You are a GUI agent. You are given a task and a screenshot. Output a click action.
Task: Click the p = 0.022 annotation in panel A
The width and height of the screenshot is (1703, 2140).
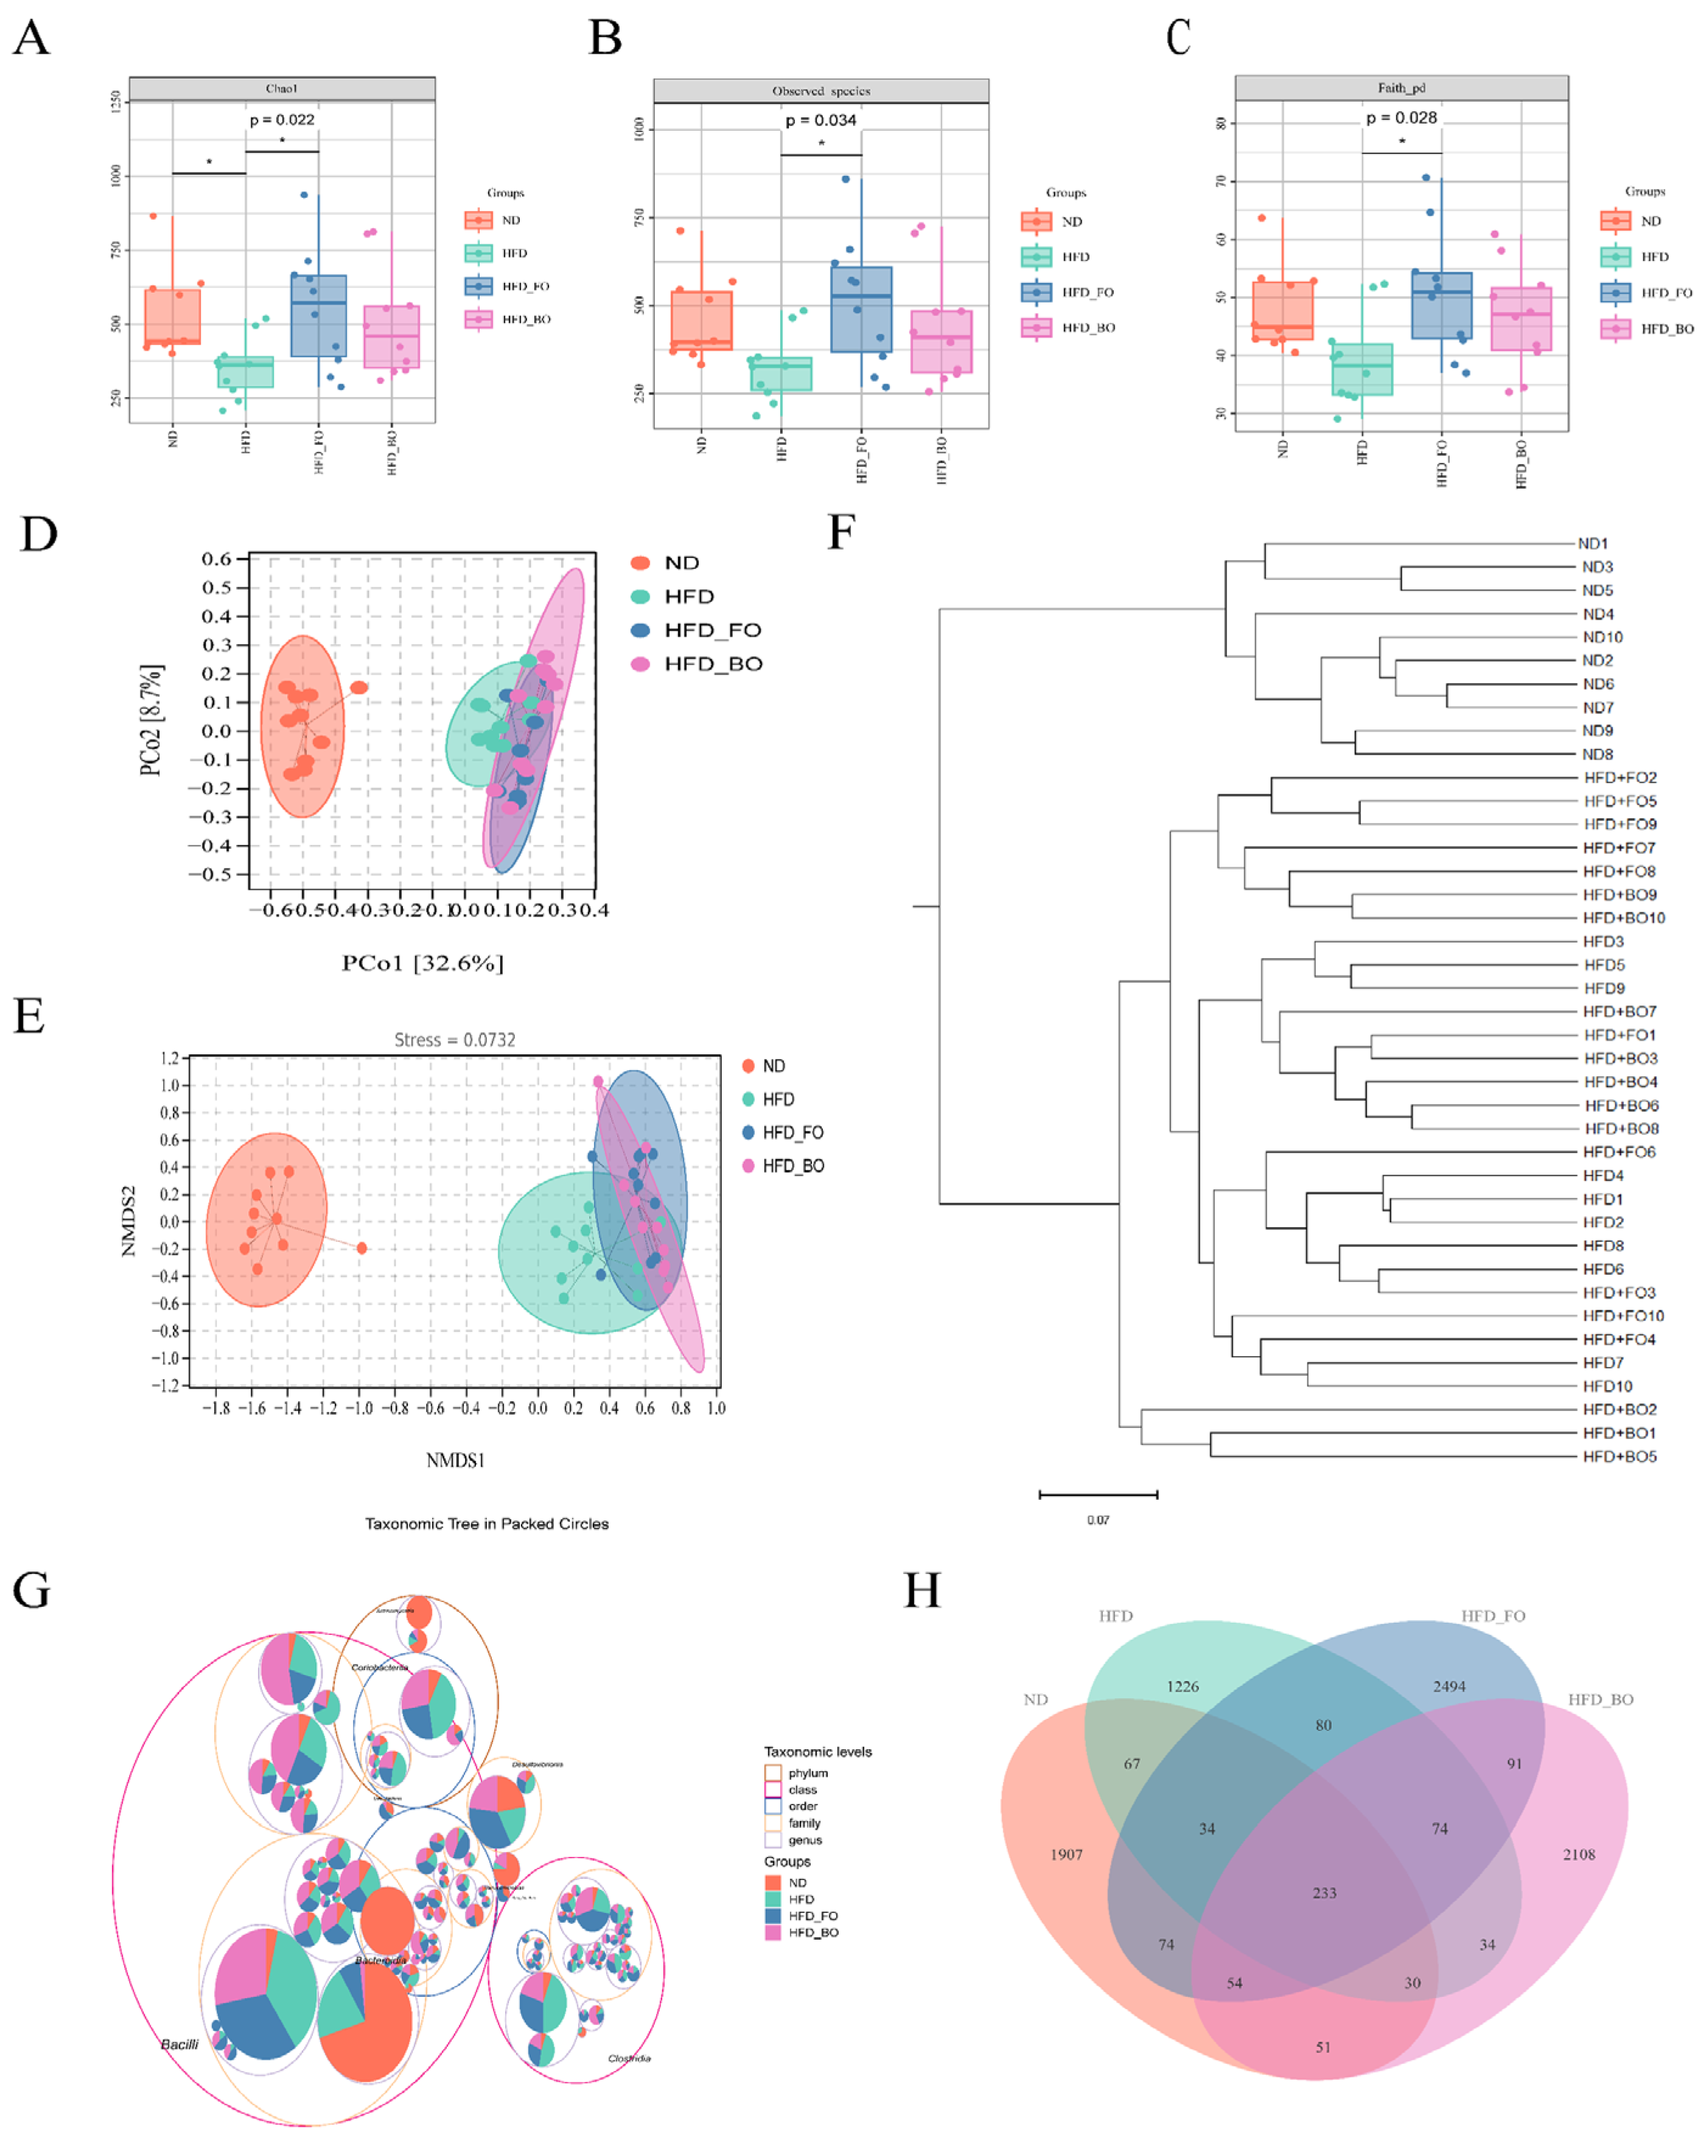click(x=282, y=120)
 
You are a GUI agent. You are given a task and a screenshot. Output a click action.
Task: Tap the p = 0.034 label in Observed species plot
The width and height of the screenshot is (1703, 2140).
click(x=820, y=120)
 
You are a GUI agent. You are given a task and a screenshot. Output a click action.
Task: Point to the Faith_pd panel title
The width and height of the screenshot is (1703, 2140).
click(x=1401, y=88)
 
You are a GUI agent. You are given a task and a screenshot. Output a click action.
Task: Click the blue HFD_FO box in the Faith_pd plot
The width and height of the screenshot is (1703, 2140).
click(x=1441, y=305)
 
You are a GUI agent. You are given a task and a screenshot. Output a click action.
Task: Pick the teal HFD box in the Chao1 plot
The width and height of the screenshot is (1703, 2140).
click(x=245, y=372)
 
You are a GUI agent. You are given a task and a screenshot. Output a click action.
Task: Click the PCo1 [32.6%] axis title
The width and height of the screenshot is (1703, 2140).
click(x=423, y=963)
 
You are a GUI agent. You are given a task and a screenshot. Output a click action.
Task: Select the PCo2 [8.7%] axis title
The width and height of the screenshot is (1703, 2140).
click(x=151, y=719)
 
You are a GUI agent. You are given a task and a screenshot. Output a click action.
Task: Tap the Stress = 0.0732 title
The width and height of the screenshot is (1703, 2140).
click(x=455, y=1039)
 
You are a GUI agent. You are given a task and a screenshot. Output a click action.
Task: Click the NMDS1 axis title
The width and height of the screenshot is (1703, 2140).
click(x=455, y=1460)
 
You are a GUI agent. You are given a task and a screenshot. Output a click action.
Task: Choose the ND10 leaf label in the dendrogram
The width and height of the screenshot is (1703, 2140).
click(x=1602, y=637)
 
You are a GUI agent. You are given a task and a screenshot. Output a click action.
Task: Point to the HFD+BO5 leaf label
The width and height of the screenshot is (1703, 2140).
click(x=1620, y=1456)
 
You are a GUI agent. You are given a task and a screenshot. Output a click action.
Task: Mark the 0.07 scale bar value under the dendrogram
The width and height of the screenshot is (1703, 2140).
click(x=1097, y=1520)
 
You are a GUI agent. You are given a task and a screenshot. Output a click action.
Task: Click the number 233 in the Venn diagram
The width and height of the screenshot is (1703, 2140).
click(x=1324, y=1893)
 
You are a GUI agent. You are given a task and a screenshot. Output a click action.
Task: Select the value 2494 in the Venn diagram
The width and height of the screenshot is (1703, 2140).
click(x=1449, y=1687)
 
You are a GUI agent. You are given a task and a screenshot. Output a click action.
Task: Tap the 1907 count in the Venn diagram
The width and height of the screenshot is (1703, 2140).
click(x=1066, y=1854)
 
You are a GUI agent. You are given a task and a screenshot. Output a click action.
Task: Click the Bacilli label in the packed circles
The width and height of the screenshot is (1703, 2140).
click(x=180, y=2044)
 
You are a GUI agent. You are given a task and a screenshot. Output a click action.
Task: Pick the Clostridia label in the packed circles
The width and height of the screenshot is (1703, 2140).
click(x=629, y=2058)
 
